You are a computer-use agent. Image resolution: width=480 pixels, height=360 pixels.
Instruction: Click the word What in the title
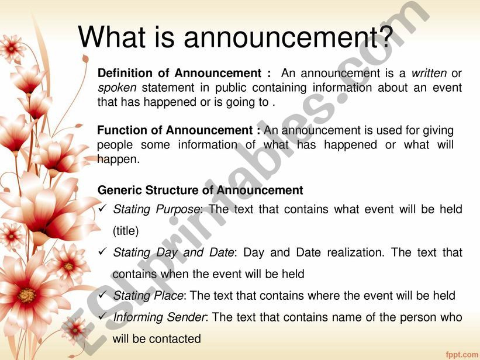point(112,36)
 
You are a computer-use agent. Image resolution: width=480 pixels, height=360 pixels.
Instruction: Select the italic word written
point(429,73)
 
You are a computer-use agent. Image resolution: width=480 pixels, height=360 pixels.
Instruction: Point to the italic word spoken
point(117,88)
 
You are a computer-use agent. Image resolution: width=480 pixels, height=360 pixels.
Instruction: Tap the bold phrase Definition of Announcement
point(179,73)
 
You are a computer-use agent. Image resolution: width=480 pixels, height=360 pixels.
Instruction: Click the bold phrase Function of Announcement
point(175,130)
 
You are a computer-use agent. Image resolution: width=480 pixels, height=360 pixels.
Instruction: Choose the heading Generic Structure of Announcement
point(200,190)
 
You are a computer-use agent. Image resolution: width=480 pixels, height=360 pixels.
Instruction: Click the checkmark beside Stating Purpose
point(102,209)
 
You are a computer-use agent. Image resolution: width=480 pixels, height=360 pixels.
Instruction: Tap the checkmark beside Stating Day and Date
point(102,252)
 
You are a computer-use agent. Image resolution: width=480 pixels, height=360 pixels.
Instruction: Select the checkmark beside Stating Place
point(102,295)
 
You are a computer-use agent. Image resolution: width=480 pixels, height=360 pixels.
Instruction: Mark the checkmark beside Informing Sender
point(102,316)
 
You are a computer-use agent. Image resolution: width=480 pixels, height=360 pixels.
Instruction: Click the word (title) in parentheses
point(126,231)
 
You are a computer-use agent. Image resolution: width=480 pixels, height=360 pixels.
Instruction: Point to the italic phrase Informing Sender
point(159,317)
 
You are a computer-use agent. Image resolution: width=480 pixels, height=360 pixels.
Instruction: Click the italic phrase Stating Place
point(148,296)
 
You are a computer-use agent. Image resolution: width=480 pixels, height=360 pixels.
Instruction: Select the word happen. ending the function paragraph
point(119,160)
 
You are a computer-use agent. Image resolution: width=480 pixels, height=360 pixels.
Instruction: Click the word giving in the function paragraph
point(438,131)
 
